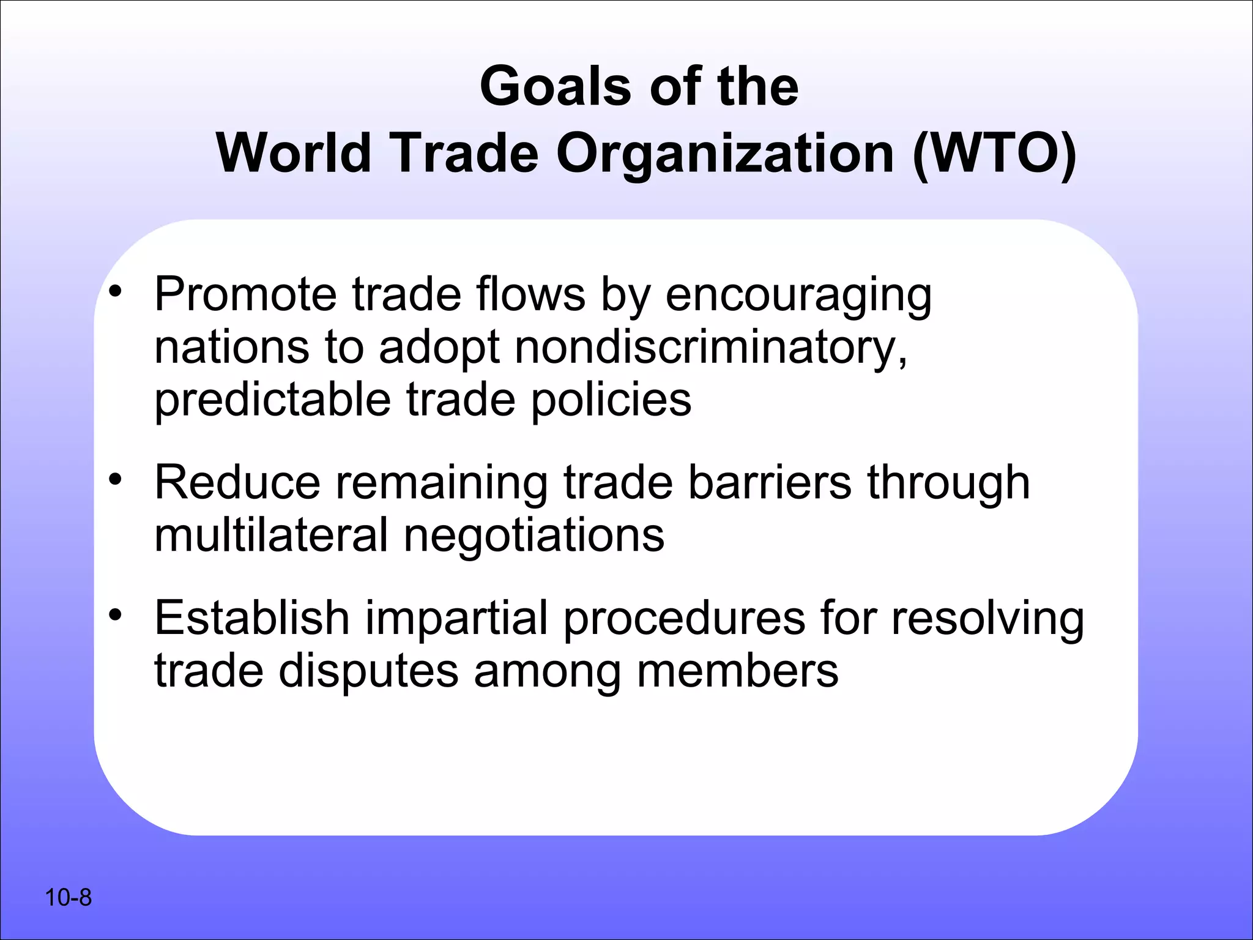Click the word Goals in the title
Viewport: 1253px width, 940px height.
pos(556,86)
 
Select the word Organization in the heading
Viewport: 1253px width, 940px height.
pos(724,154)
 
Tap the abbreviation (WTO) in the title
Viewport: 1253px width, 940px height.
pos(994,154)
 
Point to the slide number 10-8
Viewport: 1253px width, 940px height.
pos(68,898)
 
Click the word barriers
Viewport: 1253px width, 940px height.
pos(769,482)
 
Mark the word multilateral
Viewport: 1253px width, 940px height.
pos(271,535)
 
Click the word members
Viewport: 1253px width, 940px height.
pos(737,671)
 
